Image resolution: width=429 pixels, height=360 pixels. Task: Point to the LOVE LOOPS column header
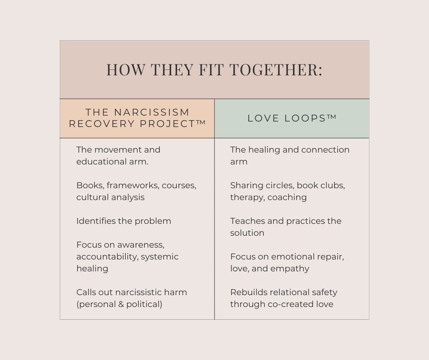pos(292,118)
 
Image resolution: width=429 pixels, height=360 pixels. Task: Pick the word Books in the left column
pos(89,185)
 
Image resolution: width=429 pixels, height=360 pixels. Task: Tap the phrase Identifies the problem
pos(124,221)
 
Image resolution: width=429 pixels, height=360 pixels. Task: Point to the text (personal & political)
pos(119,304)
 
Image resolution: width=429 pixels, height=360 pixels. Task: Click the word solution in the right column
pos(247,233)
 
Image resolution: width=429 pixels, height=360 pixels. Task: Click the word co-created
pos(289,304)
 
